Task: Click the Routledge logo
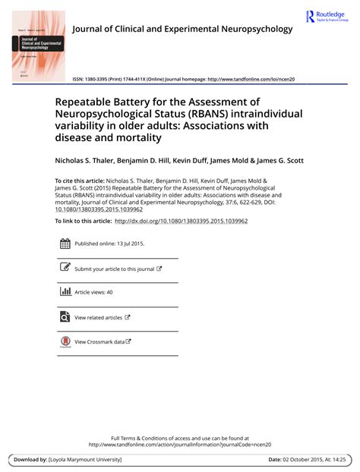tap(327, 16)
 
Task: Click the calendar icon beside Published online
tap(65, 244)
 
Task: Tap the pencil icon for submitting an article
tap(65, 268)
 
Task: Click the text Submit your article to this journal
tap(115, 269)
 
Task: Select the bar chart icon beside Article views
tap(65, 291)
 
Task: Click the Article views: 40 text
tap(93, 292)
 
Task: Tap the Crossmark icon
tap(65, 341)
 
